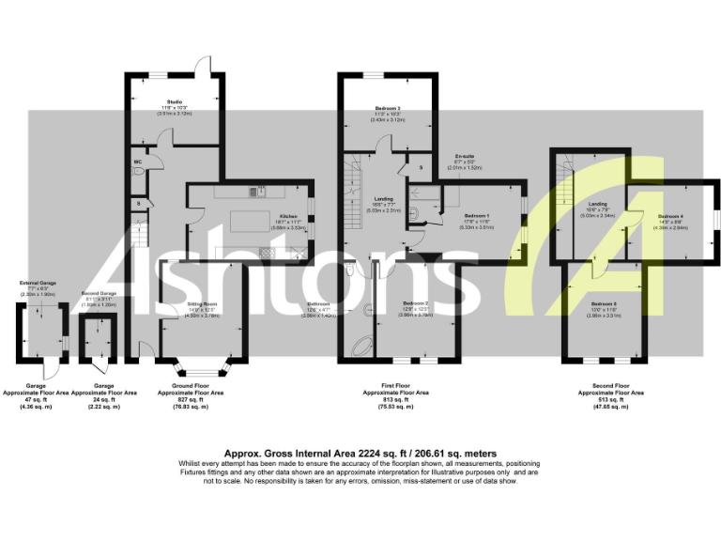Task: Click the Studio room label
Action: click(175, 101)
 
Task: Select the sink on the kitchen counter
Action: click(264, 192)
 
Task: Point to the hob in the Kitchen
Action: click(266, 251)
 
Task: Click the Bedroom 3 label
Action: click(387, 109)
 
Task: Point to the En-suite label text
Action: click(464, 156)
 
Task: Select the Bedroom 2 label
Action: click(416, 303)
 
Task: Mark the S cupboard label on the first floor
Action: click(421, 167)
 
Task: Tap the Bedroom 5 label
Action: click(604, 304)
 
